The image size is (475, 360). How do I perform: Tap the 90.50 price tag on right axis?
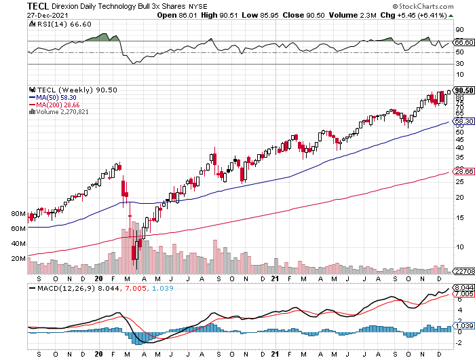[463, 90]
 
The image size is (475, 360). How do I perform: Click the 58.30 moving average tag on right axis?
[463, 122]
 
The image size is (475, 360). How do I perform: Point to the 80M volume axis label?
[18, 214]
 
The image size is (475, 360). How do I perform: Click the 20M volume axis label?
[18, 259]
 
